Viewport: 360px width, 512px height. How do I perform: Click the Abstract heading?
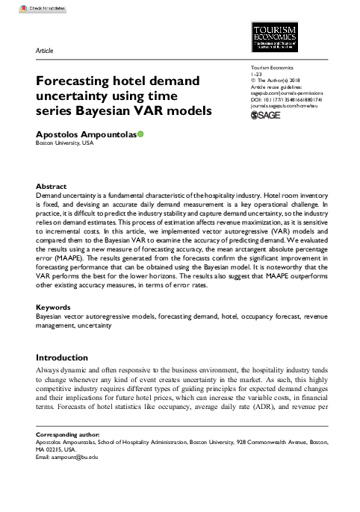tap(52, 186)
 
